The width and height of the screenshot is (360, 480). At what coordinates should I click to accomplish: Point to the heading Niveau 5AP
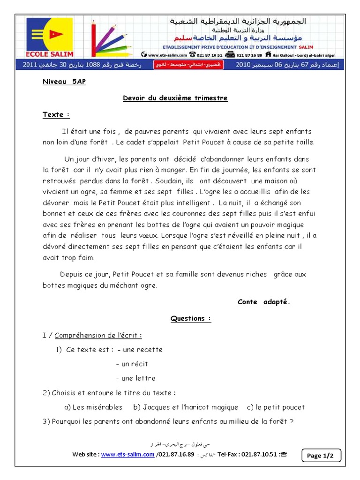pyautogui.click(x=64, y=81)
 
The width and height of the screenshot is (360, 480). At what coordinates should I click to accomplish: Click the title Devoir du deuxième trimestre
pyautogui.click(x=175, y=98)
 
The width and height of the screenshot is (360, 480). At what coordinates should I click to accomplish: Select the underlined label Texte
pyautogui.click(x=56, y=114)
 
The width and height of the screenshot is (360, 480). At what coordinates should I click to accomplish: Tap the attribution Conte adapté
pyautogui.click(x=264, y=302)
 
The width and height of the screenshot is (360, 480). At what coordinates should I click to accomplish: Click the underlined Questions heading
pyautogui.click(x=190, y=319)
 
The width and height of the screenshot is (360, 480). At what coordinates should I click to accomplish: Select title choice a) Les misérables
pyautogui.click(x=93, y=407)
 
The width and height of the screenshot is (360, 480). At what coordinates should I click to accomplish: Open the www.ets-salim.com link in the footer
pyautogui.click(x=127, y=454)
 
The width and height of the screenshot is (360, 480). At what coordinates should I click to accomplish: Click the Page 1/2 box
pyautogui.click(x=323, y=455)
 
